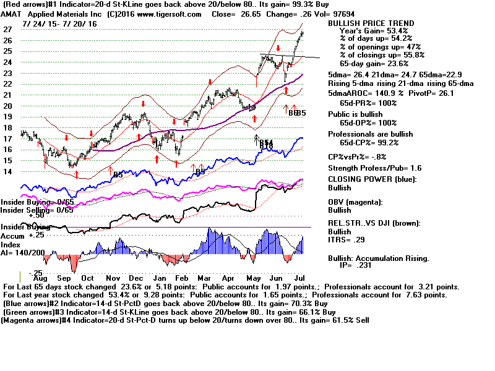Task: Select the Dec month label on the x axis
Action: (x=137, y=279)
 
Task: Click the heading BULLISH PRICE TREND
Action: (x=371, y=23)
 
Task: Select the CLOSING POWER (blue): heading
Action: (x=371, y=179)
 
